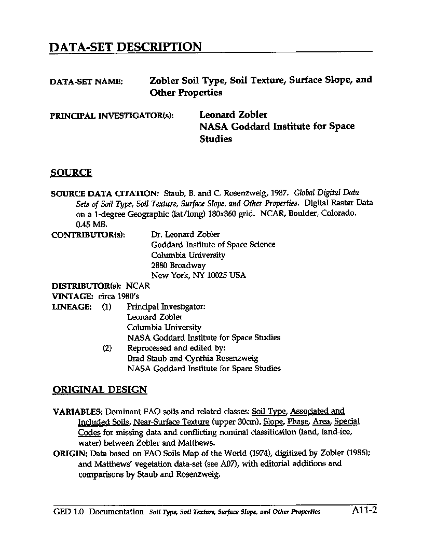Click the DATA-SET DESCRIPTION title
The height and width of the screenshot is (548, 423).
tap(125, 47)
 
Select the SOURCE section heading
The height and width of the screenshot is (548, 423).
tap(71, 173)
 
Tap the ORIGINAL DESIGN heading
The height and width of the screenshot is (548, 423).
tap(100, 390)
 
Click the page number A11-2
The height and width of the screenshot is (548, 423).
tap(364, 511)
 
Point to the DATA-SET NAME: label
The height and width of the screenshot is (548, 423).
tap(86, 82)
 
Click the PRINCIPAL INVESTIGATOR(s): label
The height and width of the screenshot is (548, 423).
tap(112, 116)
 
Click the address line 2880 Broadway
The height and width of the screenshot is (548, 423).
tap(178, 265)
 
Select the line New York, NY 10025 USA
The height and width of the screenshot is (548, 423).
tap(198, 276)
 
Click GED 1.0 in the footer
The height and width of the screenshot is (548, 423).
tap(69, 512)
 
